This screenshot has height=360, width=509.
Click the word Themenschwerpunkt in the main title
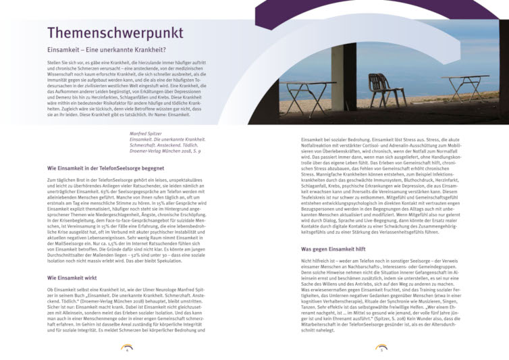(x=115, y=33)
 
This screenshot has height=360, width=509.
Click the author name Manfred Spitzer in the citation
(x=148, y=134)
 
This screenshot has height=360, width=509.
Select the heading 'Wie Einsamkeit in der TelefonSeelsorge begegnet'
(x=105, y=168)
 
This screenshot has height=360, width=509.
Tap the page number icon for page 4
(x=126, y=348)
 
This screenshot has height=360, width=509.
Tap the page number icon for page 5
(x=382, y=348)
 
